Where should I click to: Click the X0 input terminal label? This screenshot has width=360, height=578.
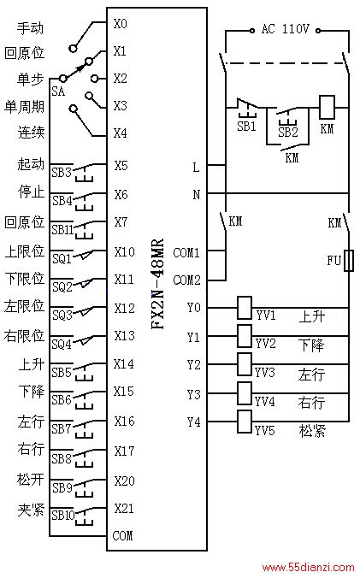tap(120, 24)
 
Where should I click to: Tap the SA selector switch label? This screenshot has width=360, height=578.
tap(58, 91)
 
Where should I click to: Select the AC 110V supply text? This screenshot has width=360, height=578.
tap(286, 29)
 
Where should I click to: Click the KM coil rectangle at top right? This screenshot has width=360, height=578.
tap(327, 107)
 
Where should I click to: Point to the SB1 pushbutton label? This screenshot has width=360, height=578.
tap(246, 126)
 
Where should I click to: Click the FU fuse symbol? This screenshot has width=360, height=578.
tap(348, 261)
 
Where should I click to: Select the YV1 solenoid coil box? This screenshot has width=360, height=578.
tap(245, 308)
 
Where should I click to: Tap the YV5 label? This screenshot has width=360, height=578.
tap(265, 430)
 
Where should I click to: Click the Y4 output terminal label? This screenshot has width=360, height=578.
tap(193, 422)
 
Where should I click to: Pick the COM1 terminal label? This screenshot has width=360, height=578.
tap(186, 252)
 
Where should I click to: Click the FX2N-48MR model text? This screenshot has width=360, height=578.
tap(157, 283)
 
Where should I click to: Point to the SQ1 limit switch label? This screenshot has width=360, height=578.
tap(62, 259)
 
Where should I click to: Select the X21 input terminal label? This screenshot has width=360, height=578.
tap(124, 509)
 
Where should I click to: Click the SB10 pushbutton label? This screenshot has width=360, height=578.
tap(63, 515)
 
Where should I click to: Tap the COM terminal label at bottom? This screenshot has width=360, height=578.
tap(122, 535)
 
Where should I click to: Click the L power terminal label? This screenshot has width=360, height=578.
tap(196, 168)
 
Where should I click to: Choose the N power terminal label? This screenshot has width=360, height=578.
tap(197, 194)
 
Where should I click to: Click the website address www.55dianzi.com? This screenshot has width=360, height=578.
tap(308, 567)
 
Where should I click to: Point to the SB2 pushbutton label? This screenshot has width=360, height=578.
tap(288, 132)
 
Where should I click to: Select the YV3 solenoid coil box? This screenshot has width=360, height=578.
tap(245, 364)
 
